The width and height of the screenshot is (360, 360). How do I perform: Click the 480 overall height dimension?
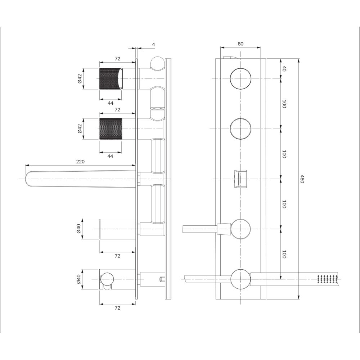pyautogui.click(x=302, y=179)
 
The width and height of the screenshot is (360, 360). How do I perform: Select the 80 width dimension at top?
pyautogui.click(x=240, y=44)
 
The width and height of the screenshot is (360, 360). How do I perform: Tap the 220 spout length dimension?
pyautogui.click(x=80, y=162)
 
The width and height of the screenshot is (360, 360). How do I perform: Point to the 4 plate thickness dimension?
pyautogui.click(x=154, y=45)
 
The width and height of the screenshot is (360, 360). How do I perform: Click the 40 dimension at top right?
pyautogui.click(x=284, y=69)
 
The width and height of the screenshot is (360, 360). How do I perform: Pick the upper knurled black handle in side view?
pyautogui.click(x=111, y=79)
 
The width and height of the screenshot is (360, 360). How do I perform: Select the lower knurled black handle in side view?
pyautogui.click(x=111, y=129)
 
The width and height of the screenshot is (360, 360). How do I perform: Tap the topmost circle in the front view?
pyautogui.click(x=240, y=79)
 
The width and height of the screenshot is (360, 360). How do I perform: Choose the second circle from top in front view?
pyautogui.click(x=240, y=129)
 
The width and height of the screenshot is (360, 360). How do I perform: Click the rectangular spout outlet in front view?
pyautogui.click(x=240, y=179)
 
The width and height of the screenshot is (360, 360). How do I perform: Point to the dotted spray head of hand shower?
pyautogui.click(x=328, y=279)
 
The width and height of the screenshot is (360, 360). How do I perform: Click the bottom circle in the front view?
pyautogui.click(x=240, y=279)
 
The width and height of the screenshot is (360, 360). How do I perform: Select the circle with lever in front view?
pyautogui.click(x=240, y=229)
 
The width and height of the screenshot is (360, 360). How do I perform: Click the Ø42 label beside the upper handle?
pyautogui.click(x=80, y=79)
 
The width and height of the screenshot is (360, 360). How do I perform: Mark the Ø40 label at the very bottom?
pyautogui.click(x=79, y=279)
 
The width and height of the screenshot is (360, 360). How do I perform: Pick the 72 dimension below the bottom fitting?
pyautogui.click(x=117, y=308)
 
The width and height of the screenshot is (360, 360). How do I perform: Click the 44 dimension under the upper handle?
pyautogui.click(x=111, y=103)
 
